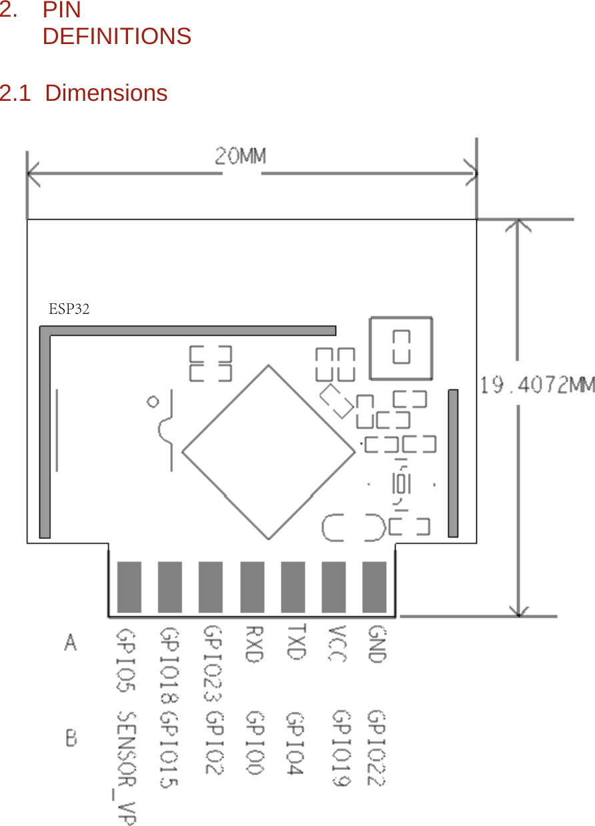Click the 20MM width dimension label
(240, 156)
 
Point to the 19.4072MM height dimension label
(538, 385)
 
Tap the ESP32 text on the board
(69, 308)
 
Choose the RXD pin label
(253, 644)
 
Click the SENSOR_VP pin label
(127, 768)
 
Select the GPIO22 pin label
(377, 748)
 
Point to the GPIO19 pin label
(341, 748)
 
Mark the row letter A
(71, 643)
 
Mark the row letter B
(71, 739)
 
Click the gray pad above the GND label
(374, 587)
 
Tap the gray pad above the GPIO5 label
(129, 587)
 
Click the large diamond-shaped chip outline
(269, 452)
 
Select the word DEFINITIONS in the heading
(117, 36)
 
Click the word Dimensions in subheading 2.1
(106, 93)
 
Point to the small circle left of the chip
(153, 401)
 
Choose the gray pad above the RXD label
(252, 587)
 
